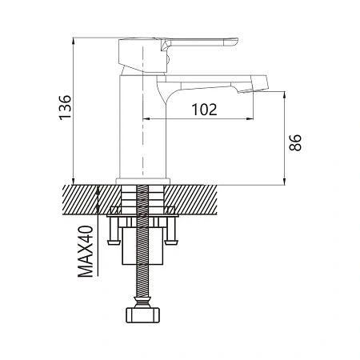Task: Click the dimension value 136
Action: (65, 107)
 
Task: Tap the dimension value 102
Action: (204, 110)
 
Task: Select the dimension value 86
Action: (295, 142)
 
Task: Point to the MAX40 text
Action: (86, 251)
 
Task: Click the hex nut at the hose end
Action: (142, 315)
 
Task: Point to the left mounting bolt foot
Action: (114, 242)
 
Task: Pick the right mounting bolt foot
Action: (171, 242)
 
